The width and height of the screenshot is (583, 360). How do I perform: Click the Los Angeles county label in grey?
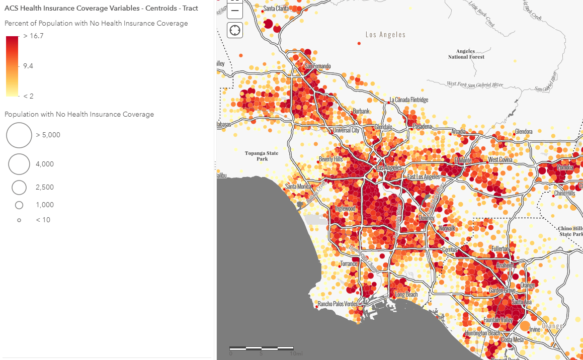point(385,35)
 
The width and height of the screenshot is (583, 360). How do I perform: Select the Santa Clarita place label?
point(276,9)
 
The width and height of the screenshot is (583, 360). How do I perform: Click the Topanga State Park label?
point(262,156)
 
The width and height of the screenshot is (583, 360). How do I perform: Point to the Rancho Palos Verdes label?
point(338,304)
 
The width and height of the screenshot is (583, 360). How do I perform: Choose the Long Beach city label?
point(406,295)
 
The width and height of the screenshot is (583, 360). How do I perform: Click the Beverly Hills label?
point(330,159)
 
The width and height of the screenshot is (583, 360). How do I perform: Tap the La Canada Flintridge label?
point(409,100)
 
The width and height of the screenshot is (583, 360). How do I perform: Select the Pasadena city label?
point(423,126)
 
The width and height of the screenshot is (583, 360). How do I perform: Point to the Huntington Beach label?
point(483,333)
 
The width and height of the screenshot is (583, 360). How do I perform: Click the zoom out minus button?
point(235,11)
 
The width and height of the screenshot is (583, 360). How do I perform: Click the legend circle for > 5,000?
point(19,135)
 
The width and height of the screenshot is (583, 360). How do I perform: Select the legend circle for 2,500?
point(19,188)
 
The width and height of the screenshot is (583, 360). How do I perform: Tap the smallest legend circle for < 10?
point(19,220)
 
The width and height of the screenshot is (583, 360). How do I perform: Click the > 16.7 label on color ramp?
point(33,36)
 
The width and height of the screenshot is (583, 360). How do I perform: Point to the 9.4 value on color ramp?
point(28,66)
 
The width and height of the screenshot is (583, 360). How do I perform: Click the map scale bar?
point(262,348)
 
